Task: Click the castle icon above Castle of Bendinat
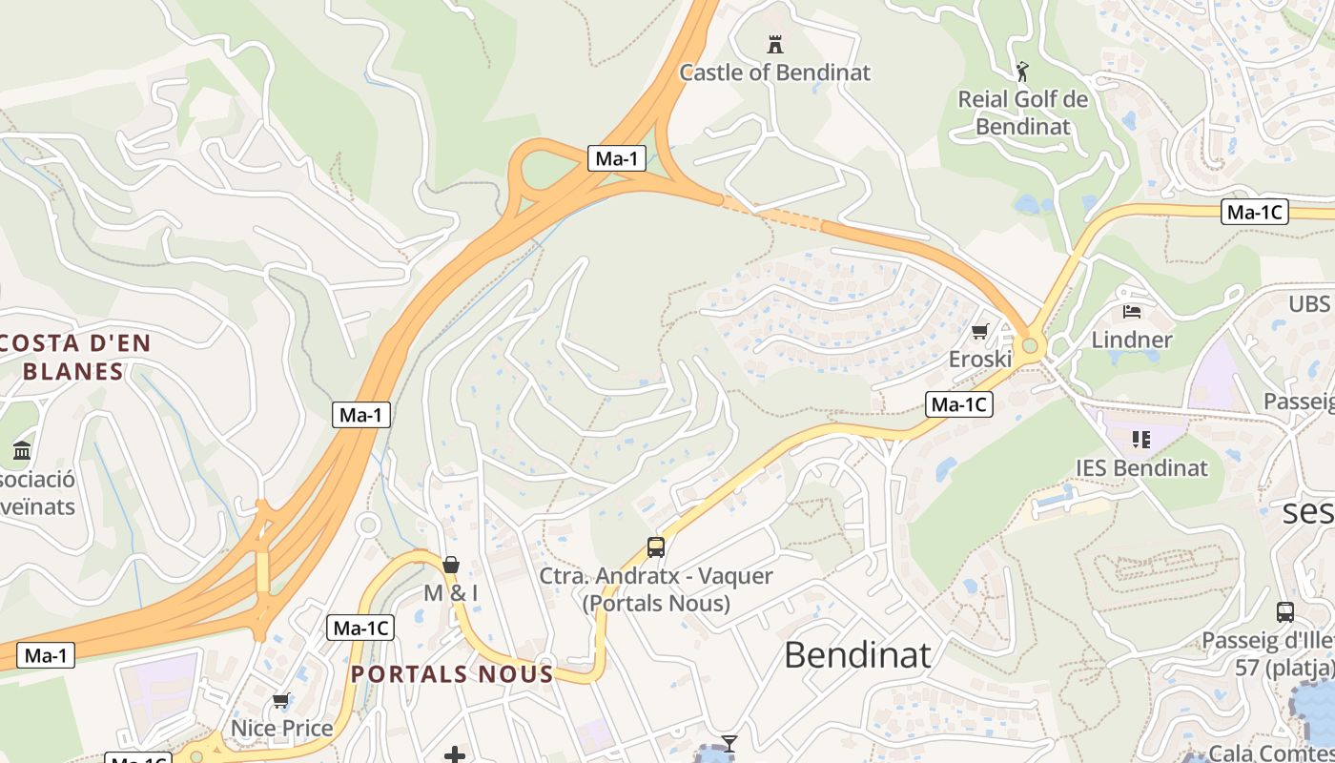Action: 775,44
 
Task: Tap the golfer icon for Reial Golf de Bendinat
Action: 1022,72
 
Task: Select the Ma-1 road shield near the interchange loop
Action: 617,158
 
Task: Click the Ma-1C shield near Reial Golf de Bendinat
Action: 1254,213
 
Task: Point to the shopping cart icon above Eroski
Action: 979,331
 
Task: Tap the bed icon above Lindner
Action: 1132,311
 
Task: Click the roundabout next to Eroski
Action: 1029,345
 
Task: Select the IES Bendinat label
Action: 1141,468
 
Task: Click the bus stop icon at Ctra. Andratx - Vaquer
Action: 655,547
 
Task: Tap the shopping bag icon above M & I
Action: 451,565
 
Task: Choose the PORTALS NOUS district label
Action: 452,674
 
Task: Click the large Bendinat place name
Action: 857,655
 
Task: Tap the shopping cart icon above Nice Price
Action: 280,701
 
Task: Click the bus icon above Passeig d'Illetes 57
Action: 1284,612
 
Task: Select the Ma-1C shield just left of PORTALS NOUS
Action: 360,629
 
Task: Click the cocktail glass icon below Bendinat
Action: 729,743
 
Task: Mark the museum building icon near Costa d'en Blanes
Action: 22,450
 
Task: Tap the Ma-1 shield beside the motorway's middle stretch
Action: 361,415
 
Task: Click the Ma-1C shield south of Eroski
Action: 958,404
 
